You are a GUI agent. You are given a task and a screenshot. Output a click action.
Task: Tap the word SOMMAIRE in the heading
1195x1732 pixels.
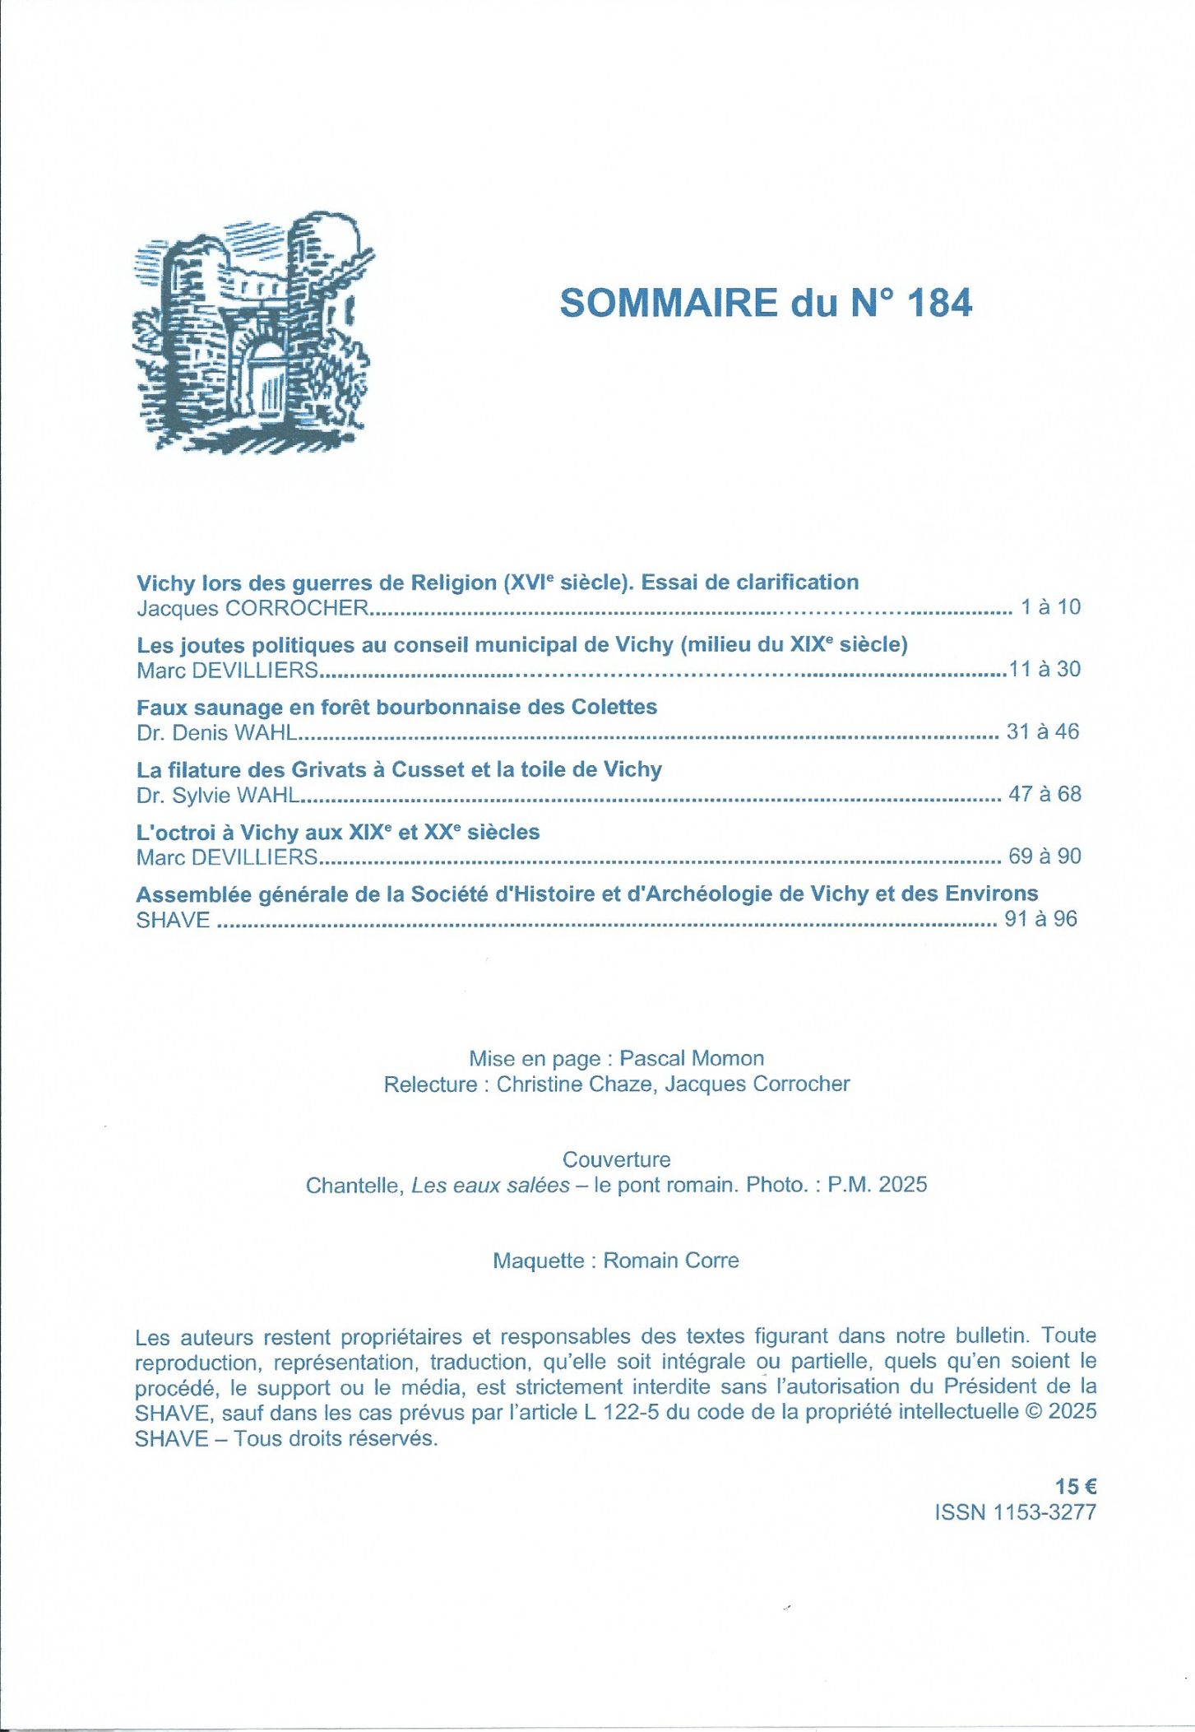click(x=669, y=303)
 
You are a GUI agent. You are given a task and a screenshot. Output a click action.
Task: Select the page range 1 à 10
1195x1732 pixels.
click(x=1049, y=607)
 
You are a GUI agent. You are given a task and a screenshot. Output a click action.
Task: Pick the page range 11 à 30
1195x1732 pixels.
click(x=1044, y=669)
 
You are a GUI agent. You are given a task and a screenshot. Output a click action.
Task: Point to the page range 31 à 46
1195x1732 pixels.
click(x=1042, y=731)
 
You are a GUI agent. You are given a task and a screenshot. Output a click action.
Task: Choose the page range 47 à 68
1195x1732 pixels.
click(x=1044, y=794)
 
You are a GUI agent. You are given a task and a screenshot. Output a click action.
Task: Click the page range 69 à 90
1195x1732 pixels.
click(x=1044, y=857)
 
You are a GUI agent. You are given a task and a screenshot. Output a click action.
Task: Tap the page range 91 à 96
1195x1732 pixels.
click(x=1040, y=919)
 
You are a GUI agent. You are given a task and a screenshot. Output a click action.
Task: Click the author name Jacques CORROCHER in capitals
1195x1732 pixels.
click(x=252, y=608)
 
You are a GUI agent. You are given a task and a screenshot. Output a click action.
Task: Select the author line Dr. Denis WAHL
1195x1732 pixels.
click(x=216, y=732)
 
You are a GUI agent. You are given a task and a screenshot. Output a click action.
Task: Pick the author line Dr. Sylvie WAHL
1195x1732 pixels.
click(x=218, y=795)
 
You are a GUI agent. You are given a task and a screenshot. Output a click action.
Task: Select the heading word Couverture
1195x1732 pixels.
click(x=616, y=1159)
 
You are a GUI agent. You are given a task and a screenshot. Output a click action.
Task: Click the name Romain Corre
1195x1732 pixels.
click(x=670, y=1261)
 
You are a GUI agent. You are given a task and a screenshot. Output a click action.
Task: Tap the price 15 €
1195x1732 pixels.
click(x=1075, y=1487)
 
